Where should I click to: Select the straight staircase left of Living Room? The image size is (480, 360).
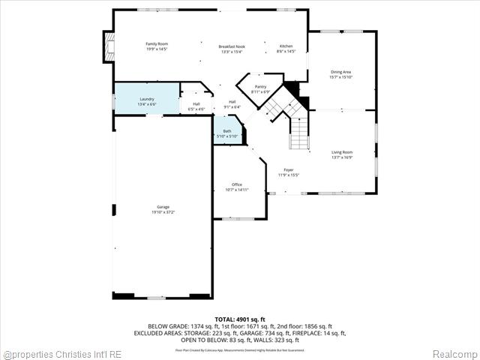(300, 135)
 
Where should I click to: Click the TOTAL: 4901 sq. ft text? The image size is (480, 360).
(239, 319)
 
